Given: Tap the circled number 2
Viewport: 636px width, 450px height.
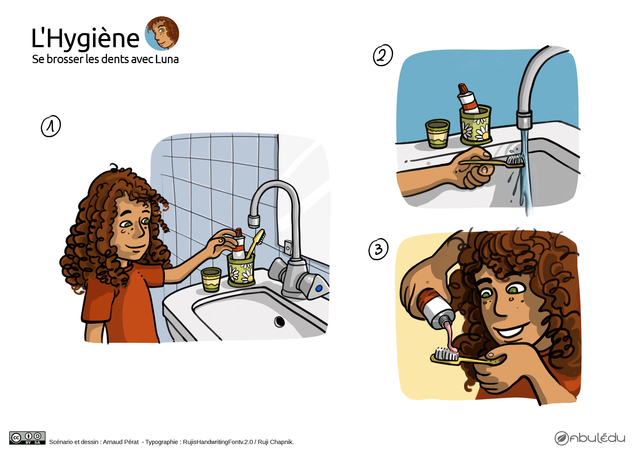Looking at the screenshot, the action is click(383, 55).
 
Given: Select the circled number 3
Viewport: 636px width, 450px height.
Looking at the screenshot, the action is click(378, 249).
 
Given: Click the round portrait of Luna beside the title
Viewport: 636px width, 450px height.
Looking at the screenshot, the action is click(162, 34).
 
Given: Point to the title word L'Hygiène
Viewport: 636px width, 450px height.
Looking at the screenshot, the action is click(85, 38).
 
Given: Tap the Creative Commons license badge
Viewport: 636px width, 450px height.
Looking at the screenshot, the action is click(27, 438).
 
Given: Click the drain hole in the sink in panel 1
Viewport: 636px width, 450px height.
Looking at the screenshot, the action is click(280, 322).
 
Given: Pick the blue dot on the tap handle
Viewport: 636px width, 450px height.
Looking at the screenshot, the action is click(319, 289).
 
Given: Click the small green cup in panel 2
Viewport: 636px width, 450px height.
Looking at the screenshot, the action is click(438, 134).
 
